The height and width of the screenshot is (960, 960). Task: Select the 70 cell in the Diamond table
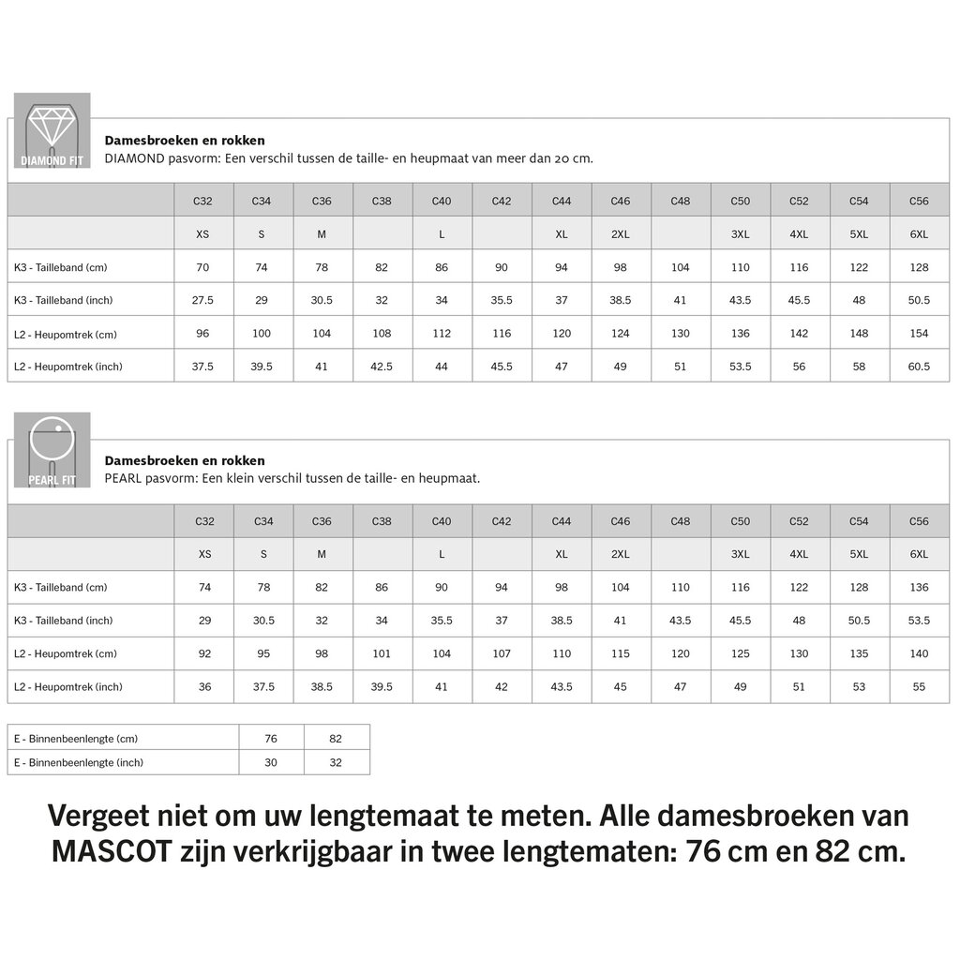[202, 267]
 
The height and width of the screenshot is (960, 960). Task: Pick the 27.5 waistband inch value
[202, 300]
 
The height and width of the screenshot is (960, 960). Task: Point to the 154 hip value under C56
[919, 334]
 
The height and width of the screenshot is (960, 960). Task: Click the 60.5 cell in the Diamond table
[919, 367]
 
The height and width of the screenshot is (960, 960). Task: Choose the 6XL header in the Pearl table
[919, 554]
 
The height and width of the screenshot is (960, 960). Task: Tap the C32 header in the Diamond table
[202, 201]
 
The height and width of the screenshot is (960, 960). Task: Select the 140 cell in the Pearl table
[919, 653]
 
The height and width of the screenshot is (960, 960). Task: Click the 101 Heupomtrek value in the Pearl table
[382, 653]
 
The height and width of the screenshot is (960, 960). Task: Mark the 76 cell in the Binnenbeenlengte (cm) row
[271, 739]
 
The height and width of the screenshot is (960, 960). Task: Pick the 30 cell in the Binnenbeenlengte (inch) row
[271, 763]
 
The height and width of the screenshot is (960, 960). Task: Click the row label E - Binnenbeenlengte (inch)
[78, 763]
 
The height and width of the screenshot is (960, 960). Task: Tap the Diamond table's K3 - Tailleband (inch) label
[64, 300]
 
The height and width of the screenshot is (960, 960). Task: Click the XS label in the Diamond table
[202, 233]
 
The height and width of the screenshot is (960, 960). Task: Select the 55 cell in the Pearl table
[919, 687]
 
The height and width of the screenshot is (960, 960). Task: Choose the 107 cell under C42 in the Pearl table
[502, 653]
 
